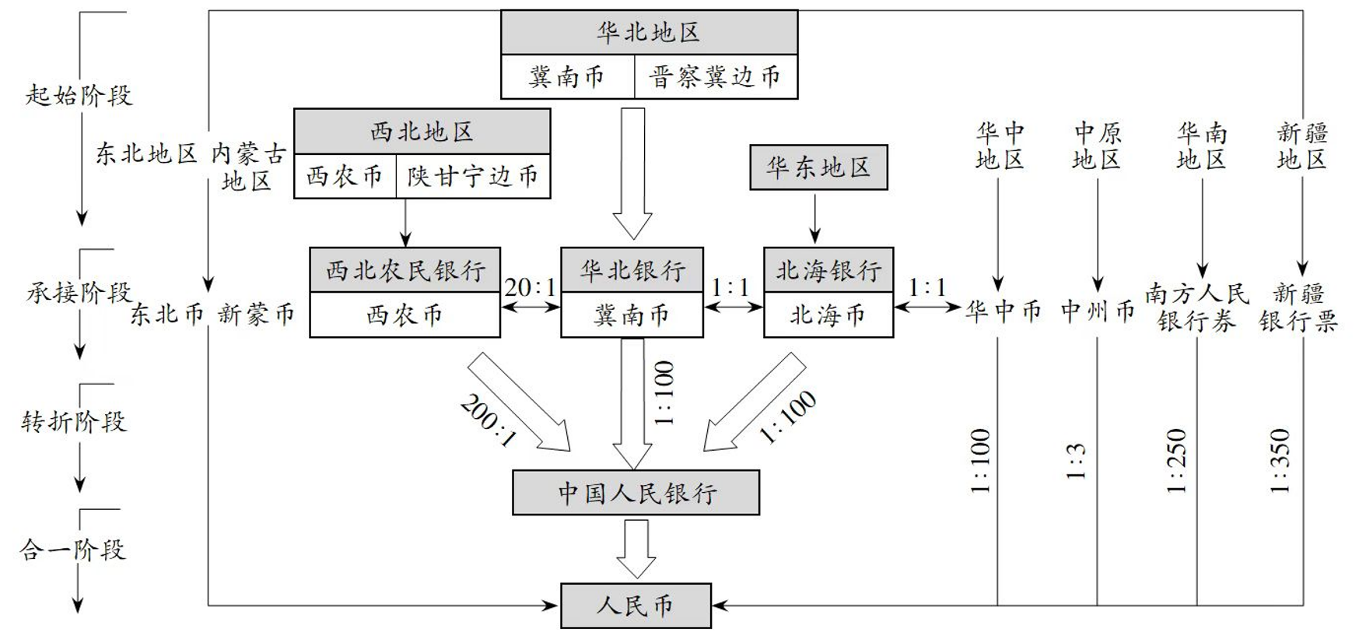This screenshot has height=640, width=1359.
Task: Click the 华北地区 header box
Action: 649,33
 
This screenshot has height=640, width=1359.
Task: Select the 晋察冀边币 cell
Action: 716,77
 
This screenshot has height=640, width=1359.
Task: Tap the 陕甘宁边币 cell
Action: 473,177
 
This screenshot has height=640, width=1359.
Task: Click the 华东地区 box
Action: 818,167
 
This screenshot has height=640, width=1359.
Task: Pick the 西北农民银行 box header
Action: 405,270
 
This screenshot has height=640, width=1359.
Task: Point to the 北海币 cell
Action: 828,315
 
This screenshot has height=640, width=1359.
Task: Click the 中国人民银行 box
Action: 636,493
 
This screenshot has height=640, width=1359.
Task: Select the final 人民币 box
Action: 636,606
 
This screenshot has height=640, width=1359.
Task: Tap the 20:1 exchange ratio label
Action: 531,288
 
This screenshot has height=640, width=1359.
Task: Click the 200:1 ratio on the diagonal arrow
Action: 489,420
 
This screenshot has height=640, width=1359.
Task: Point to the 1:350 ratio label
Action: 1280,460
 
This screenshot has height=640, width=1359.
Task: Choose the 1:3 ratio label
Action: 1076,461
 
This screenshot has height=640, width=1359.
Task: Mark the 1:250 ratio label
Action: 1177,460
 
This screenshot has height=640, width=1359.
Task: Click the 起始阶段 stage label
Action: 79,96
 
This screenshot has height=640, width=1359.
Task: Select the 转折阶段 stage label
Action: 74,422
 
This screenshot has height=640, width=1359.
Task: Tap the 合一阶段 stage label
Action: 72,550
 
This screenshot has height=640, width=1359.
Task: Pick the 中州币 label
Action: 1098,311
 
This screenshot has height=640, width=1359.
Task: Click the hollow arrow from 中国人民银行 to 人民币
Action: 636,548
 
